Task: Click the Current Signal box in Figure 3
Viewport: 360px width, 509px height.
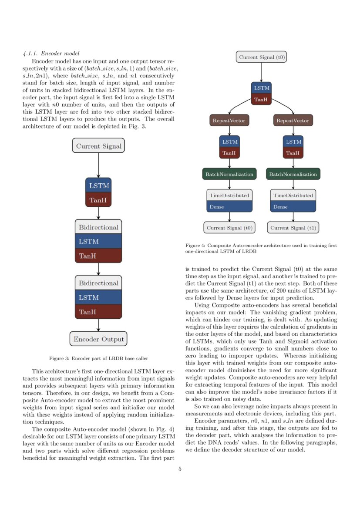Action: coord(98,146)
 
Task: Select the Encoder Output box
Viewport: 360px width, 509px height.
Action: coord(98,339)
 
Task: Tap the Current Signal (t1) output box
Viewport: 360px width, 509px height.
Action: coord(293,228)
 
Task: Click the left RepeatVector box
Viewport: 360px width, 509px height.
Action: coord(229,120)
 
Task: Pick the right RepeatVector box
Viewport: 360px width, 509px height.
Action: coord(293,120)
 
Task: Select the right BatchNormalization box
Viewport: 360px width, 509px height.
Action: coord(293,174)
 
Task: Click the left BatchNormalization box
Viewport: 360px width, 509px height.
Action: coord(229,174)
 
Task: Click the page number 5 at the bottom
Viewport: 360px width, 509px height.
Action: coord(180,469)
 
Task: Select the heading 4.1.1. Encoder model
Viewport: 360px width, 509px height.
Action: coord(51,54)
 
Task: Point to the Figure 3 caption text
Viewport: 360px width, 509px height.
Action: coord(98,358)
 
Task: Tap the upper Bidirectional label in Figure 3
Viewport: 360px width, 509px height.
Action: coord(98,227)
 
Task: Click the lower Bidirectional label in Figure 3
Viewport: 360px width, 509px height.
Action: coord(98,283)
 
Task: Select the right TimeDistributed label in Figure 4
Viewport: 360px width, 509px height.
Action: coord(293,196)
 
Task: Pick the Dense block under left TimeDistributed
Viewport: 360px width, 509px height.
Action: coord(229,207)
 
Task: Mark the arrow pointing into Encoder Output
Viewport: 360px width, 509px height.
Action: coord(98,325)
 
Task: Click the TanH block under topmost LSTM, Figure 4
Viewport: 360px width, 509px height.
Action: coord(262,99)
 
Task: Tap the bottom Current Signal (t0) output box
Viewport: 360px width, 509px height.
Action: coord(229,228)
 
